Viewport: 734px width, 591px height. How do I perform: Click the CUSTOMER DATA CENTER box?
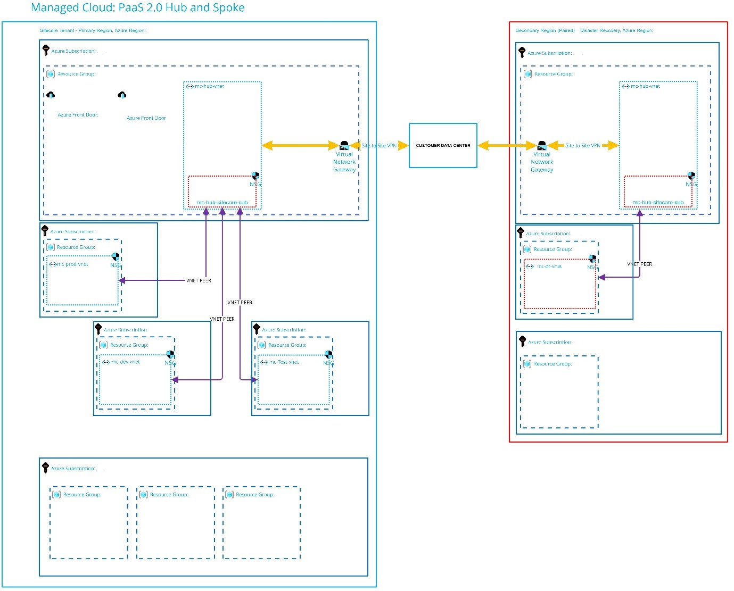point(443,145)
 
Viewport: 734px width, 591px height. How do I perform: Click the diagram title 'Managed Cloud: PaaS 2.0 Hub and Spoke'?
point(138,7)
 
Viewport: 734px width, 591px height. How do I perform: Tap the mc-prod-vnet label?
point(73,264)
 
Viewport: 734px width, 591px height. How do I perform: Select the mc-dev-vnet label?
point(126,362)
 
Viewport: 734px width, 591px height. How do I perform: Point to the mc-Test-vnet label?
point(284,362)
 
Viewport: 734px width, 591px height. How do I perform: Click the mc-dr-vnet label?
point(549,267)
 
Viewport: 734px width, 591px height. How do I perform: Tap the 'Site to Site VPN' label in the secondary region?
point(582,145)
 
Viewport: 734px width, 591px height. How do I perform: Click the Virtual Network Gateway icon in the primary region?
point(344,145)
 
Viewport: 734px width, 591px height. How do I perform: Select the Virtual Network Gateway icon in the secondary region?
point(542,145)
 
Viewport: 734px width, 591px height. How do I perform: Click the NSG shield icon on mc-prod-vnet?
point(116,257)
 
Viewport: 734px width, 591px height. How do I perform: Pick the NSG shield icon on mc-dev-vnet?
point(170,355)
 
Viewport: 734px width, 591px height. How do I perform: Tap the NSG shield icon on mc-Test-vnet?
point(328,355)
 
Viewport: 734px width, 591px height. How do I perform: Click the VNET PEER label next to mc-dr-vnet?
point(639,264)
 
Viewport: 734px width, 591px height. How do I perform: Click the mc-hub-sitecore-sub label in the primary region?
point(222,202)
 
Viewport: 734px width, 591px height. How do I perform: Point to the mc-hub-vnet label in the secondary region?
point(645,86)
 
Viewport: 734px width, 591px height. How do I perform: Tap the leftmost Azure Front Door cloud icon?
point(51,95)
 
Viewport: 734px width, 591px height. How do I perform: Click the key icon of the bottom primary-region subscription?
point(45,467)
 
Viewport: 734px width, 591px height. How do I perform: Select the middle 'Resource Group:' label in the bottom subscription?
point(169,495)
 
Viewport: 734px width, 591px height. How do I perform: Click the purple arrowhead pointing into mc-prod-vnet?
point(122,280)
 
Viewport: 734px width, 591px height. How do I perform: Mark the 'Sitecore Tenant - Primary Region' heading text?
point(93,30)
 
